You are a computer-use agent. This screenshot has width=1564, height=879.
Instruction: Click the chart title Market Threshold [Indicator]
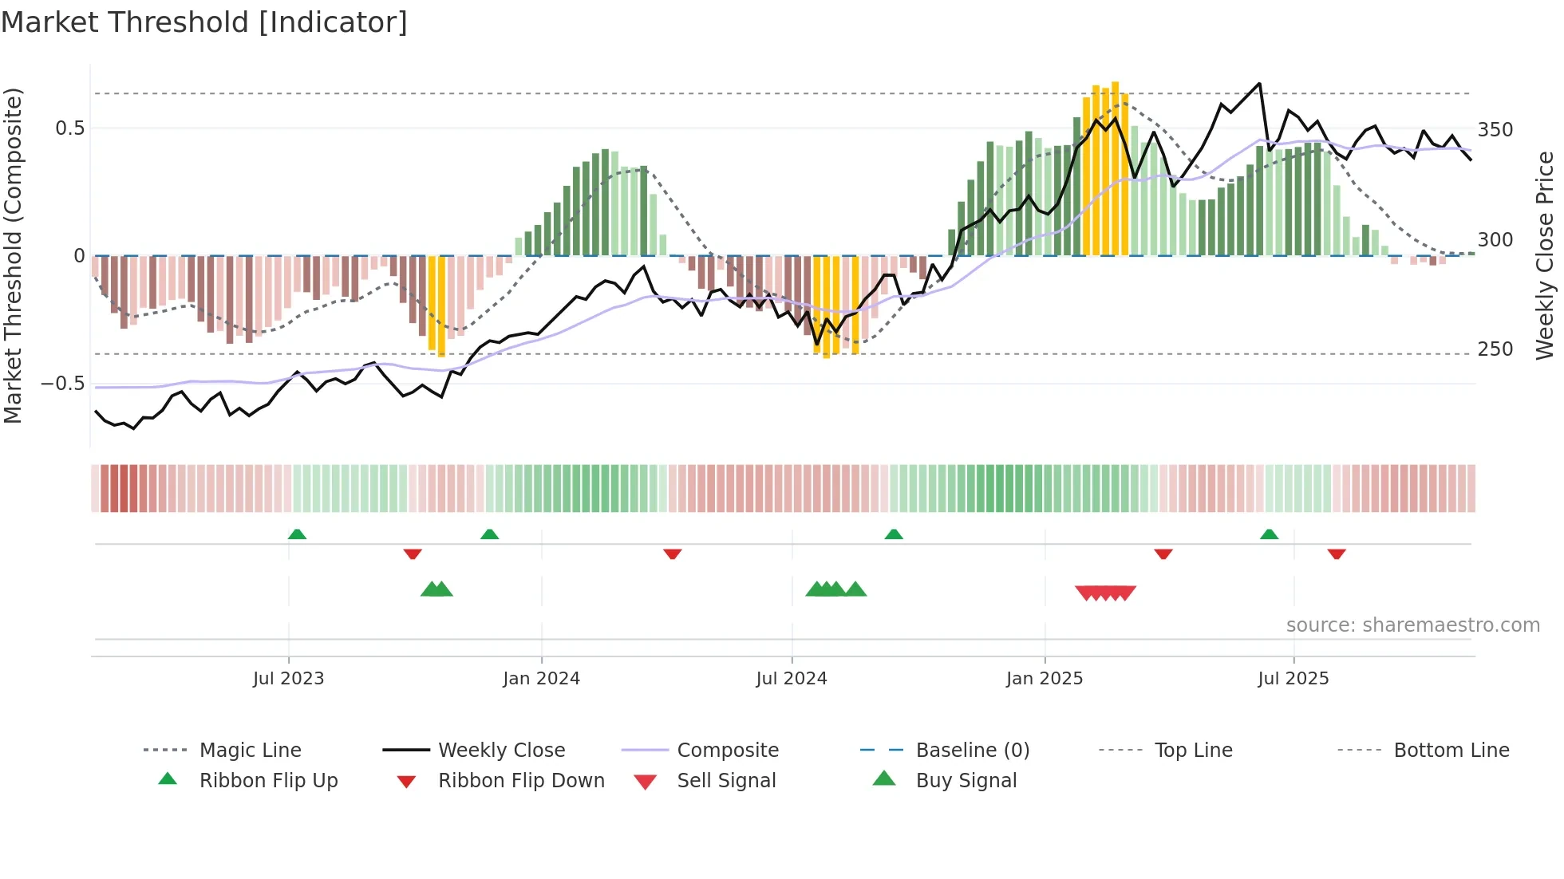pyautogui.click(x=204, y=22)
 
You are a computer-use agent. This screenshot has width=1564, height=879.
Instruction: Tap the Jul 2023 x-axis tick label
pyautogui.click(x=288, y=679)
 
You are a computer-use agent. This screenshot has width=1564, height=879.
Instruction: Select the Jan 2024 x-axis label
pyautogui.click(x=541, y=679)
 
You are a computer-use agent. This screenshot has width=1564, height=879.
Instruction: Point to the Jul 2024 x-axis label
pyautogui.click(x=791, y=679)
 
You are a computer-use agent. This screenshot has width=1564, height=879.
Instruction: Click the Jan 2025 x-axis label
pyautogui.click(x=1045, y=679)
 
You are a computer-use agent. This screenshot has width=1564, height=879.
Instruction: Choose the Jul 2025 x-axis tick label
pyautogui.click(x=1293, y=679)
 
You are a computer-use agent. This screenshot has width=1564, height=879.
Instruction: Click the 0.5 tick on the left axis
pyautogui.click(x=70, y=128)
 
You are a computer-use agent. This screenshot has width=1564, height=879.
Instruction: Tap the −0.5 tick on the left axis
pyautogui.click(x=63, y=384)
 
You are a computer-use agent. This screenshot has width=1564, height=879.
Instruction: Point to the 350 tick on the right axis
pyautogui.click(x=1495, y=130)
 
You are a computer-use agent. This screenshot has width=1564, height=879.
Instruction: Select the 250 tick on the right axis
pyautogui.click(x=1495, y=349)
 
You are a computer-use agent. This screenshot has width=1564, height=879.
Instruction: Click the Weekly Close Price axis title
pyautogui.click(x=1545, y=255)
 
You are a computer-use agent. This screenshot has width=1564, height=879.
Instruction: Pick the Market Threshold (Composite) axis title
pyautogui.click(x=13, y=255)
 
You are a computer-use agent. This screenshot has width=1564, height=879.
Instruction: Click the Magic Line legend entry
pyautogui.click(x=250, y=751)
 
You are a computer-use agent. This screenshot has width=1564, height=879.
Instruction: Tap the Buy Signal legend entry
pyautogui.click(x=966, y=781)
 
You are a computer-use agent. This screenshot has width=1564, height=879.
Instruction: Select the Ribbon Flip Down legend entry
pyautogui.click(x=521, y=781)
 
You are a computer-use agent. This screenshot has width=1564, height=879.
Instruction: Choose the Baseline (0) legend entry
pyautogui.click(x=972, y=751)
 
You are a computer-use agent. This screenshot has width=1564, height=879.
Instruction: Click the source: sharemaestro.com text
pyautogui.click(x=1412, y=625)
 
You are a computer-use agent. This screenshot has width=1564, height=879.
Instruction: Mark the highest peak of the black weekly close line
pyautogui.click(x=1259, y=83)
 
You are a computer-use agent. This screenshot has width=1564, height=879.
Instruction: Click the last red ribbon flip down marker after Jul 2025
pyautogui.click(x=1337, y=554)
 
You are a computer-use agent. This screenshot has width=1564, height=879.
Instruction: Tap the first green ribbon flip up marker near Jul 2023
pyautogui.click(x=297, y=534)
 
